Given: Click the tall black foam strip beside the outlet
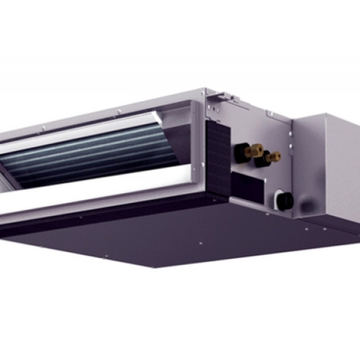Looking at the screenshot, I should tap(218, 159).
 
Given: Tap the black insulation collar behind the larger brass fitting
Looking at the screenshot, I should tap(241, 152).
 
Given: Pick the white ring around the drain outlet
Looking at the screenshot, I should tap(277, 199).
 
